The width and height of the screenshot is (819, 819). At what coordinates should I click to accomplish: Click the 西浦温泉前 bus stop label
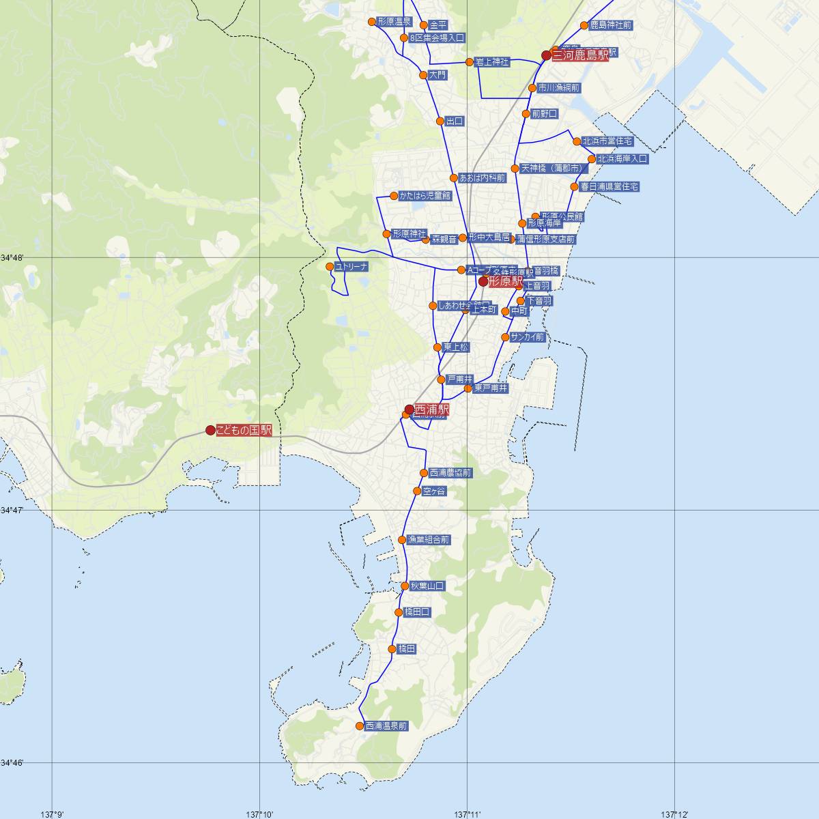coord(386,726)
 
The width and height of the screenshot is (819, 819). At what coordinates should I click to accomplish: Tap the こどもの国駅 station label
coord(244,430)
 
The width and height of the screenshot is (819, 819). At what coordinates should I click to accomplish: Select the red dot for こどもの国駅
coord(210,430)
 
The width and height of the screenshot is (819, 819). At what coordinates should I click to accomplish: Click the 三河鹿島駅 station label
coord(579,55)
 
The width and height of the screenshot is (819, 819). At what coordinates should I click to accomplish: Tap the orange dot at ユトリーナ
coord(330,266)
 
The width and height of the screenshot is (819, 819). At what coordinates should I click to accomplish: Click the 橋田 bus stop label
coord(407,648)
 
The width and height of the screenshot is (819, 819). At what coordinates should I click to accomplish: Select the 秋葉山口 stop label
coord(427,586)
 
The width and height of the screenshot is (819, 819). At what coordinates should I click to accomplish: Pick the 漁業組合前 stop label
coord(429,539)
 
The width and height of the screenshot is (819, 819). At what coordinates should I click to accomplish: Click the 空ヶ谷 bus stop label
coord(434,491)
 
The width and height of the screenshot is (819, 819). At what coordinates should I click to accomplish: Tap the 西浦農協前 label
coord(450,472)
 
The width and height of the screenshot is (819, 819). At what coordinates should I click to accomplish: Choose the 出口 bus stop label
coord(455,121)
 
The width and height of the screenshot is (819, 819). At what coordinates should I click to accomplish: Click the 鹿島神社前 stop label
coord(611,25)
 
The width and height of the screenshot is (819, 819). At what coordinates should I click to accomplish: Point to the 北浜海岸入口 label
coord(622,158)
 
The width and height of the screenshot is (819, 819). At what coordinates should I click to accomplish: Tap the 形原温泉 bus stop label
coord(394,21)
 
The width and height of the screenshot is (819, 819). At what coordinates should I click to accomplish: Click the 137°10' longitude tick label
coord(259,814)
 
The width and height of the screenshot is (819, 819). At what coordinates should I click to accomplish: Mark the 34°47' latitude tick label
coord(12,510)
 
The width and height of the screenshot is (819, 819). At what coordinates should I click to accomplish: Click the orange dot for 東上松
coord(437,347)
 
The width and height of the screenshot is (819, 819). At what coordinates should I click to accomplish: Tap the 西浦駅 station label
coord(432,409)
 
